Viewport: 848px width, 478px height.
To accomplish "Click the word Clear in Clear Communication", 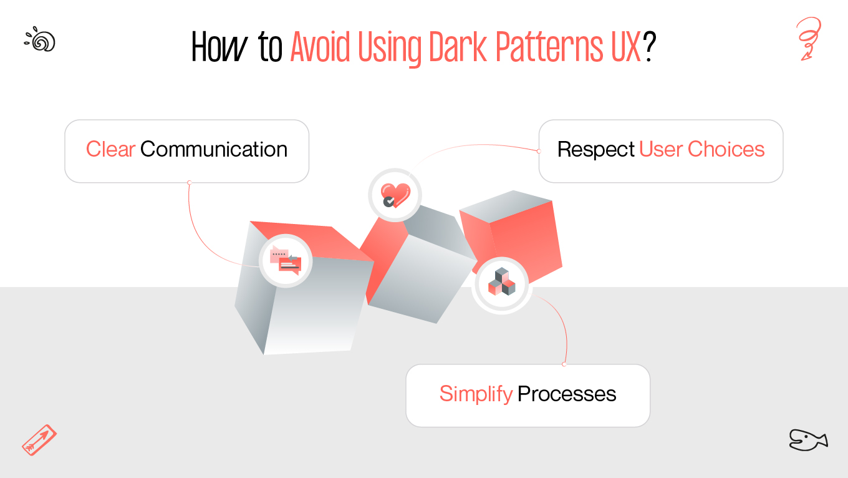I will coord(110,150).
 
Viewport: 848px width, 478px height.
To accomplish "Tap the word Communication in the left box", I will coord(214,150).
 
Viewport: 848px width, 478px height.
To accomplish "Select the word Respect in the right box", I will coord(596,150).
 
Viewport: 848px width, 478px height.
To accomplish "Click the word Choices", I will coord(726,150).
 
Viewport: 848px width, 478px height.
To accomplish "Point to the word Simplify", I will coord(476,394).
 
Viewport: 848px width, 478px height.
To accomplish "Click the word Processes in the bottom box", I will coord(567,394).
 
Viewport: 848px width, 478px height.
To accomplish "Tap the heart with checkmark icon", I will coord(395,194).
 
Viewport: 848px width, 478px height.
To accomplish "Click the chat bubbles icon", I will coord(286,261).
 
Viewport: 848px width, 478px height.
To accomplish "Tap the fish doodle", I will coord(807,439).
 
